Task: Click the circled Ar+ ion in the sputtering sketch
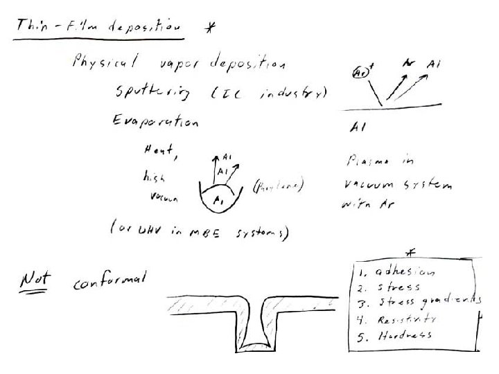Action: [x=359, y=72]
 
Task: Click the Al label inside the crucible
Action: [x=219, y=200]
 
